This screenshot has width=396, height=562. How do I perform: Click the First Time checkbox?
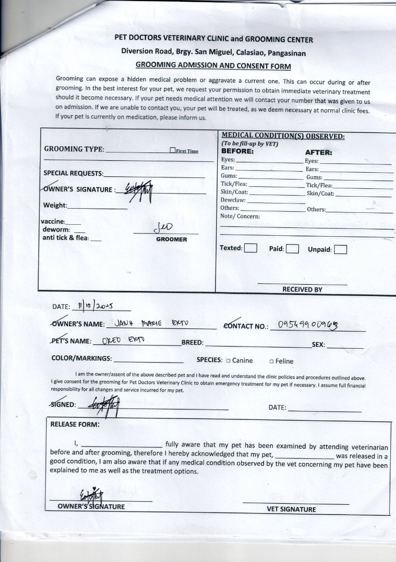tap(173, 151)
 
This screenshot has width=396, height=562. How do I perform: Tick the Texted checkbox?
tap(250, 248)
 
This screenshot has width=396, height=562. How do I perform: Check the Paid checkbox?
tap(292, 248)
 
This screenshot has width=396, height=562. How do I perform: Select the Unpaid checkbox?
tap(340, 249)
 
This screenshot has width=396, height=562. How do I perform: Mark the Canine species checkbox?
tap(228, 361)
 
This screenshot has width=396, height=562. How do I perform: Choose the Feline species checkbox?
tap(271, 361)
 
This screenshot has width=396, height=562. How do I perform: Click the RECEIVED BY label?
tap(302, 289)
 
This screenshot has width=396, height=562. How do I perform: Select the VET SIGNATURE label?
tap(291, 509)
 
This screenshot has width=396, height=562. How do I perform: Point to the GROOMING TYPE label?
tap(74, 149)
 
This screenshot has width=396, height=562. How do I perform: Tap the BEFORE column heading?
tap(237, 152)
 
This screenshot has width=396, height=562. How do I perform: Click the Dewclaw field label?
tap(233, 200)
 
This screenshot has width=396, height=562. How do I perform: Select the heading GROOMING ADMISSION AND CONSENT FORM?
tap(213, 66)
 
